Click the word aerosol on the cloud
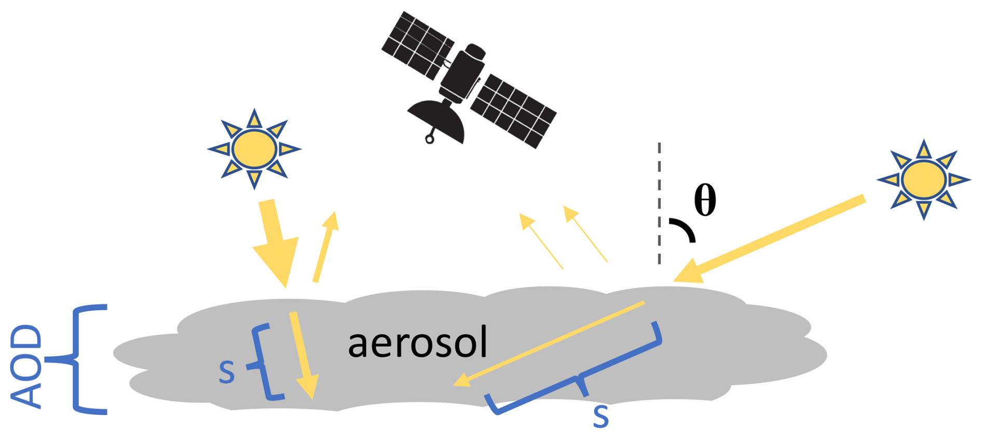418,343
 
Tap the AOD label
26,366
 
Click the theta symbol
705,200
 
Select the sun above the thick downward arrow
254,149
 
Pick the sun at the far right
923,180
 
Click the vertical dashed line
659,202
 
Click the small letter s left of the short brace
227,372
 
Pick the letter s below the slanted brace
601,416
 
